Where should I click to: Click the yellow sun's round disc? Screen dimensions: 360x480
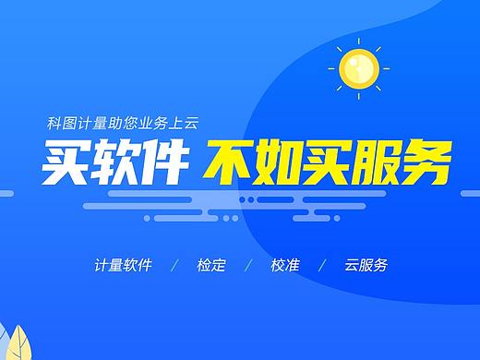[359, 67]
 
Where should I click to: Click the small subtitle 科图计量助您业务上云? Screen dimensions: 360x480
[124, 123]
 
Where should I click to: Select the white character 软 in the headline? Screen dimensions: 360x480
[117, 162]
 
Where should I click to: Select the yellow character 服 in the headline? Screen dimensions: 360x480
[380, 162]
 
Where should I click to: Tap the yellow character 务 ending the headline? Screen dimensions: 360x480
[429, 162]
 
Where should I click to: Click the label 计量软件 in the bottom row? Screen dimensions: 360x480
[123, 265]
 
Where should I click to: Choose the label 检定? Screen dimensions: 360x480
[210, 265]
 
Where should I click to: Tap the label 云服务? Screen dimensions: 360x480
[365, 265]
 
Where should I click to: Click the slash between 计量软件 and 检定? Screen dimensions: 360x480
[174, 265]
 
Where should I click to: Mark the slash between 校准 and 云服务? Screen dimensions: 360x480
[322, 265]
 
